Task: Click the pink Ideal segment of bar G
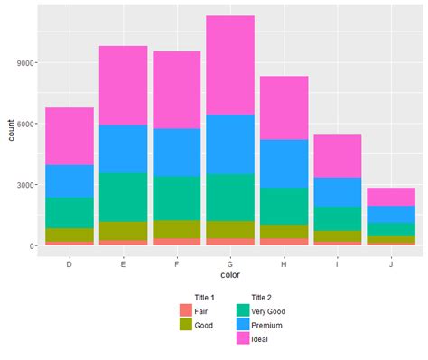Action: pos(229,65)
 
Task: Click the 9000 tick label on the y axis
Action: pos(26,63)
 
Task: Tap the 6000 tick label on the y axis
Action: pos(26,124)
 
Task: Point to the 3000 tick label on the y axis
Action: pos(26,185)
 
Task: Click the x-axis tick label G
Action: pos(229,264)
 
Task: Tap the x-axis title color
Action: pos(229,276)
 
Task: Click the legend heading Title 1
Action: pos(204,297)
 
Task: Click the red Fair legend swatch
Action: pos(186,310)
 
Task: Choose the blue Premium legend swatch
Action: pos(242,324)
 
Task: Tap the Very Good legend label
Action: pos(270,310)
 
